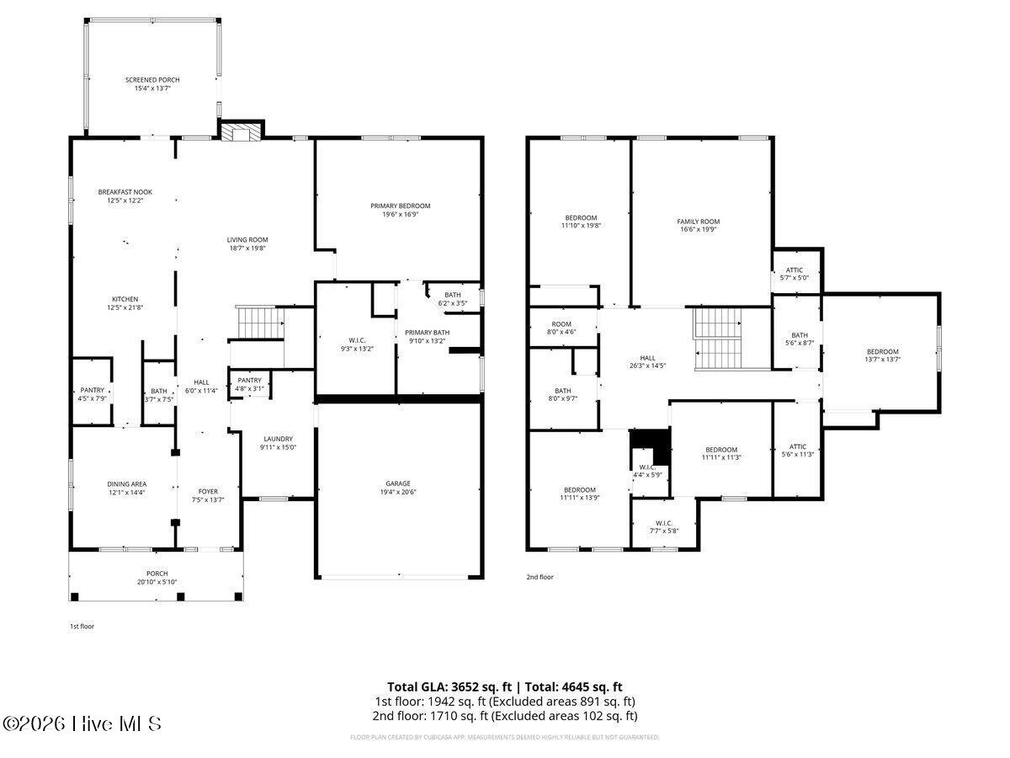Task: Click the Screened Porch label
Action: pyautogui.click(x=152, y=83)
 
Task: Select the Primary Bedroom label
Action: pyautogui.click(x=400, y=210)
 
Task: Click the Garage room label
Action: pyautogui.click(x=398, y=488)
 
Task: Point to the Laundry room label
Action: pyautogui.click(x=278, y=443)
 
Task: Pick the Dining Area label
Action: pyautogui.click(x=126, y=488)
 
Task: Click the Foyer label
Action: pyautogui.click(x=208, y=495)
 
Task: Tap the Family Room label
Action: pyautogui.click(x=699, y=226)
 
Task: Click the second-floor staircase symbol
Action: pyautogui.click(x=718, y=339)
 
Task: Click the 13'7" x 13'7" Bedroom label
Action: pyautogui.click(x=883, y=355)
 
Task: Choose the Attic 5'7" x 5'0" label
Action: pyautogui.click(x=795, y=274)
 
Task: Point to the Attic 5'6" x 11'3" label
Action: pyautogui.click(x=797, y=451)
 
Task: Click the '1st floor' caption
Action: pyautogui.click(x=82, y=627)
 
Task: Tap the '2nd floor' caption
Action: pyautogui.click(x=540, y=577)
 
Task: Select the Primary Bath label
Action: pyautogui.click(x=427, y=336)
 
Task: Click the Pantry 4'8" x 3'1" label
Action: pyautogui.click(x=249, y=384)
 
